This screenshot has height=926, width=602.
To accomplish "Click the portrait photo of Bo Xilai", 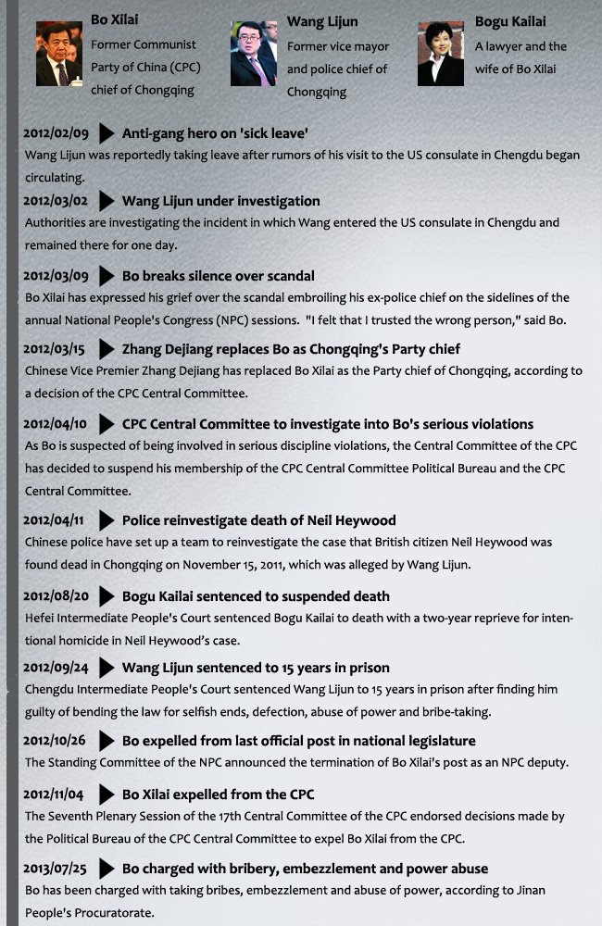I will (x=59, y=55).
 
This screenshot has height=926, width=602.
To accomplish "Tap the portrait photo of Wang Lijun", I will (x=254, y=54).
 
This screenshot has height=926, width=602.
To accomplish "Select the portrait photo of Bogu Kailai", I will (x=441, y=55).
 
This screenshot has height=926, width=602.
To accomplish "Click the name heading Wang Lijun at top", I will (x=322, y=21).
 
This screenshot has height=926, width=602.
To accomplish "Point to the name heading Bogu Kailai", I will (x=510, y=21).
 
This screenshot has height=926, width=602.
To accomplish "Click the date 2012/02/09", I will (x=56, y=134).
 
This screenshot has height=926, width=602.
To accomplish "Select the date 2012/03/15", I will (x=56, y=349).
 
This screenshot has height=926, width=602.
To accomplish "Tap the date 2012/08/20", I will (x=56, y=596).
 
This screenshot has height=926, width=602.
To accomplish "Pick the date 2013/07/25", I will (x=56, y=869).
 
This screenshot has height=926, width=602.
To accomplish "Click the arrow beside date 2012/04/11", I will (x=107, y=520).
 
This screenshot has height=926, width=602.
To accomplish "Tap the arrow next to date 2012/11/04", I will (x=107, y=795).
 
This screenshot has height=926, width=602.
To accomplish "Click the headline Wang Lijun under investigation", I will (x=221, y=201).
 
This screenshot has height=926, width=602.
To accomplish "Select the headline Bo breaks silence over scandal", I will (x=219, y=276).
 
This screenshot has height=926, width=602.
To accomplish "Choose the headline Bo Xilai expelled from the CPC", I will (x=219, y=795).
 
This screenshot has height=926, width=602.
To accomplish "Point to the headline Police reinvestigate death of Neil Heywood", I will (x=259, y=520).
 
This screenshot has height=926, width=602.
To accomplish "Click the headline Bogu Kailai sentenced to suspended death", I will (x=256, y=596).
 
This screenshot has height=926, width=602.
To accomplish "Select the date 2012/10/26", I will (x=56, y=741).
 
